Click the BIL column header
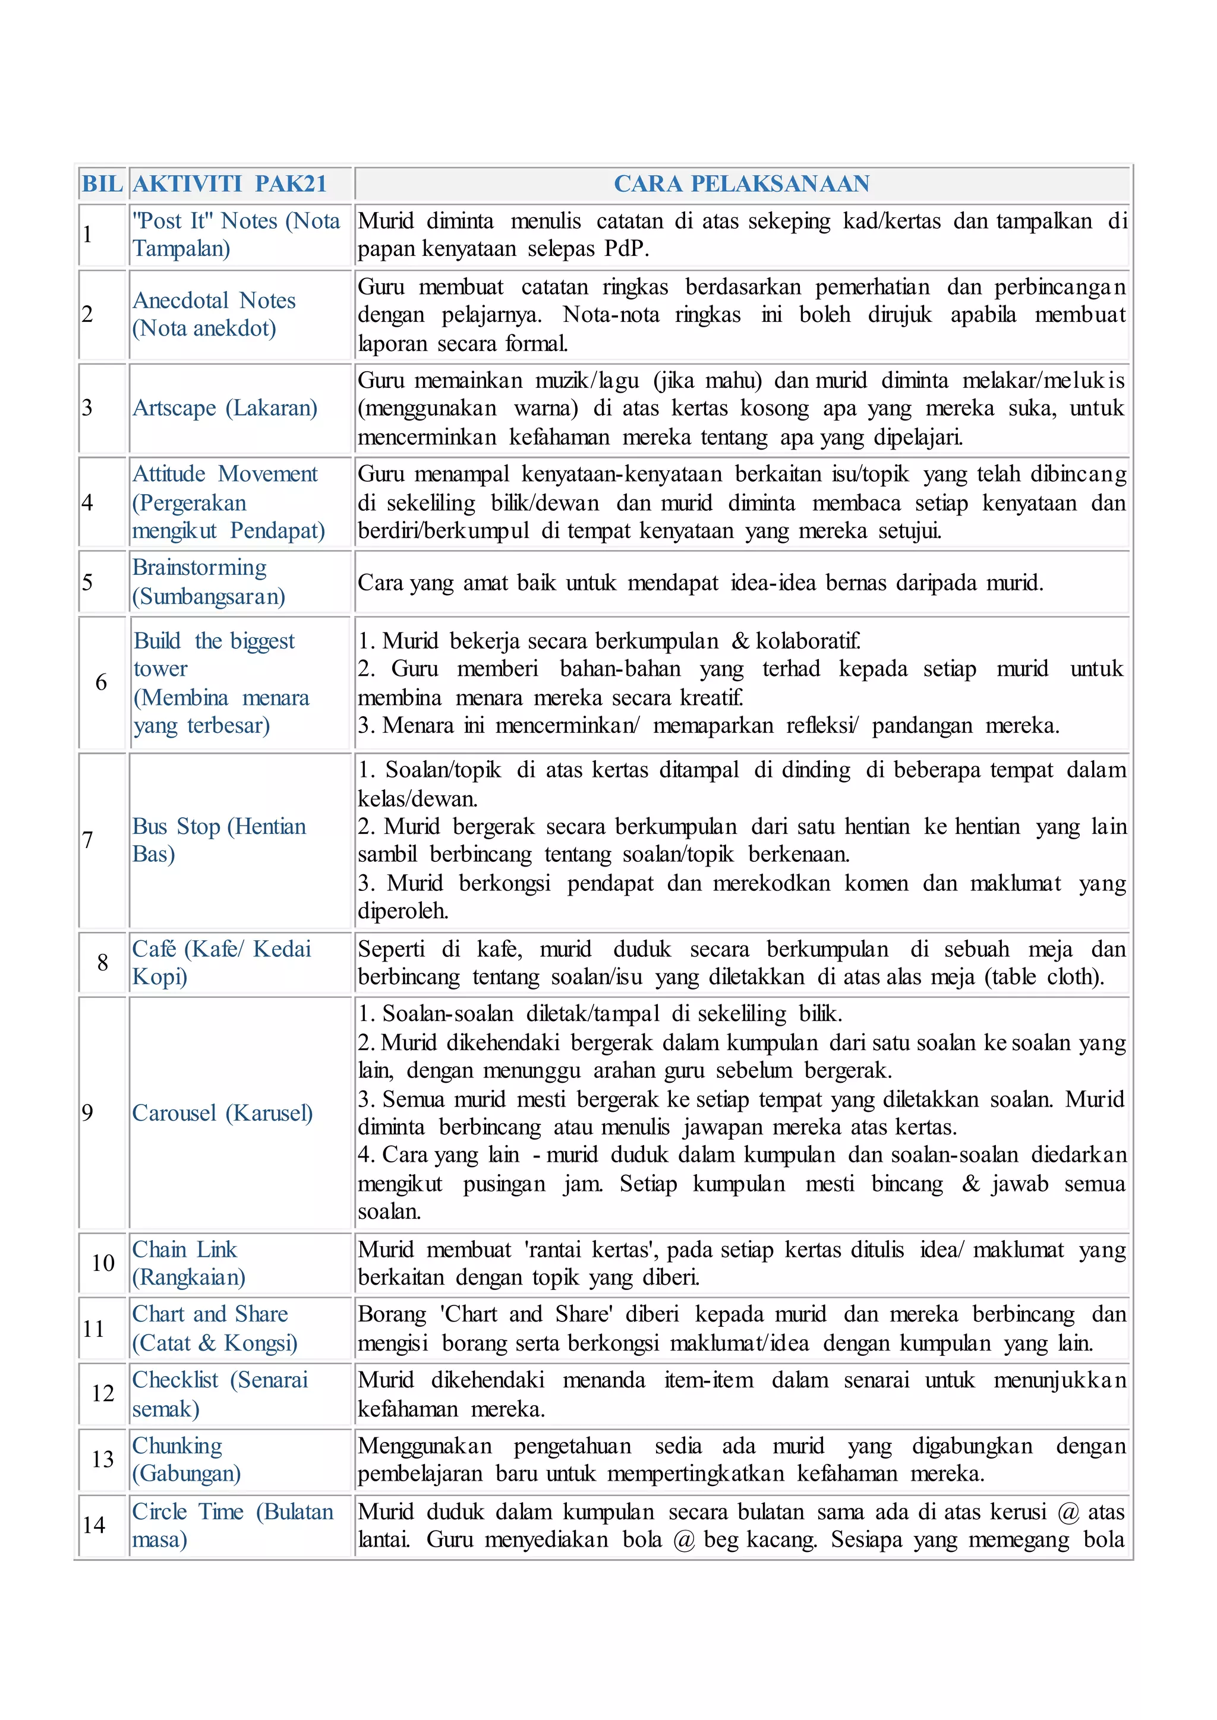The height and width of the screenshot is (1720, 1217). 102,184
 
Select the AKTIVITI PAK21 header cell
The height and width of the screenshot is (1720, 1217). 230,184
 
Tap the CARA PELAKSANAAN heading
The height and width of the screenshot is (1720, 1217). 741,184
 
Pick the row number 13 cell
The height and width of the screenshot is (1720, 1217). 103,1459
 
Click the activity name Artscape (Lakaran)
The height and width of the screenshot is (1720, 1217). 225,407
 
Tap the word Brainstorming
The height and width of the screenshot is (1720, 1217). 199,567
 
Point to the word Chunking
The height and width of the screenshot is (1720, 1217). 178,1445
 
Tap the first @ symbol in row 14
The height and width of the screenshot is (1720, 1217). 1068,1512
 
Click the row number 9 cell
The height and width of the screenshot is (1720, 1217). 88,1112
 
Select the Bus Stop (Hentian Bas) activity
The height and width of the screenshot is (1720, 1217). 219,840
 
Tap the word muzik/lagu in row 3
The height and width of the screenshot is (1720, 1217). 587,381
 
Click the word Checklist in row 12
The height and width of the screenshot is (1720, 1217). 175,1379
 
